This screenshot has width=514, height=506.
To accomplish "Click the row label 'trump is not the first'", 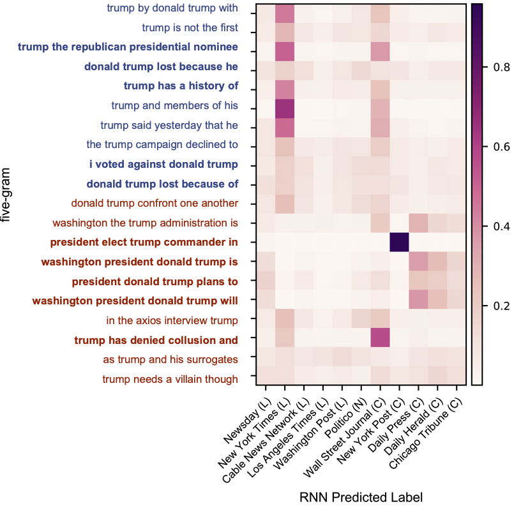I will click(190, 27).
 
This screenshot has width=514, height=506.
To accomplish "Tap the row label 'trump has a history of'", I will click(181, 86).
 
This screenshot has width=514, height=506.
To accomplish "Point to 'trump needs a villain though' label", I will click(170, 380).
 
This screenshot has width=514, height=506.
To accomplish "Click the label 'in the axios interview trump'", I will click(172, 320).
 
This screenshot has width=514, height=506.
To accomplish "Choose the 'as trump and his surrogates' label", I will click(170, 359).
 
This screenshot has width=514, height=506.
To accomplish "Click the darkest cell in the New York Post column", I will click(398, 242).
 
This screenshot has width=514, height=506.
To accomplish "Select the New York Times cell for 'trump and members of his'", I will click(285, 105).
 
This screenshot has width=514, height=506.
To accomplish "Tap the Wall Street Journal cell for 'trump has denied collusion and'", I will click(380, 341).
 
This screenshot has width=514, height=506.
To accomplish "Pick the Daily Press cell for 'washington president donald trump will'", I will click(418, 301).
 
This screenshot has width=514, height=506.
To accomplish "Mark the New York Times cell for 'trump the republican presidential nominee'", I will click(285, 47).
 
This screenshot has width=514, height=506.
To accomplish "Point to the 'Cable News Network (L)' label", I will click(264, 444).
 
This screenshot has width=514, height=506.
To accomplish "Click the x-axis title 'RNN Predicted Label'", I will click(360, 496).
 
